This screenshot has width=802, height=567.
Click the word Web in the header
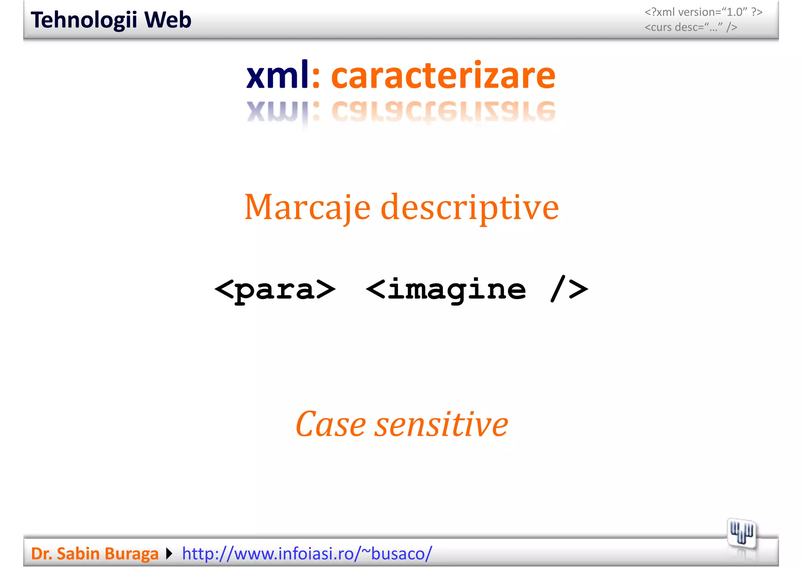168,20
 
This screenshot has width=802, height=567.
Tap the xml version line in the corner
703,12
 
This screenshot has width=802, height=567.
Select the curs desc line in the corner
691,27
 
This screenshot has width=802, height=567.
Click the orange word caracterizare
443,76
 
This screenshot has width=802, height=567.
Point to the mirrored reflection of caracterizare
443,111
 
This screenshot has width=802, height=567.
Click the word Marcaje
307,208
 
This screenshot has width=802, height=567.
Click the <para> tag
275,290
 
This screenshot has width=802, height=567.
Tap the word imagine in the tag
457,290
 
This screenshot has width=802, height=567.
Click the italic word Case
331,424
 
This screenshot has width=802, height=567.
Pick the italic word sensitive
441,424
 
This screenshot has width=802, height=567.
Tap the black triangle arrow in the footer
169,554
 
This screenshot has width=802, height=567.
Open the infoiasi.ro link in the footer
307,554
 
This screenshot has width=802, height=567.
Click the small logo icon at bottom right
741,533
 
